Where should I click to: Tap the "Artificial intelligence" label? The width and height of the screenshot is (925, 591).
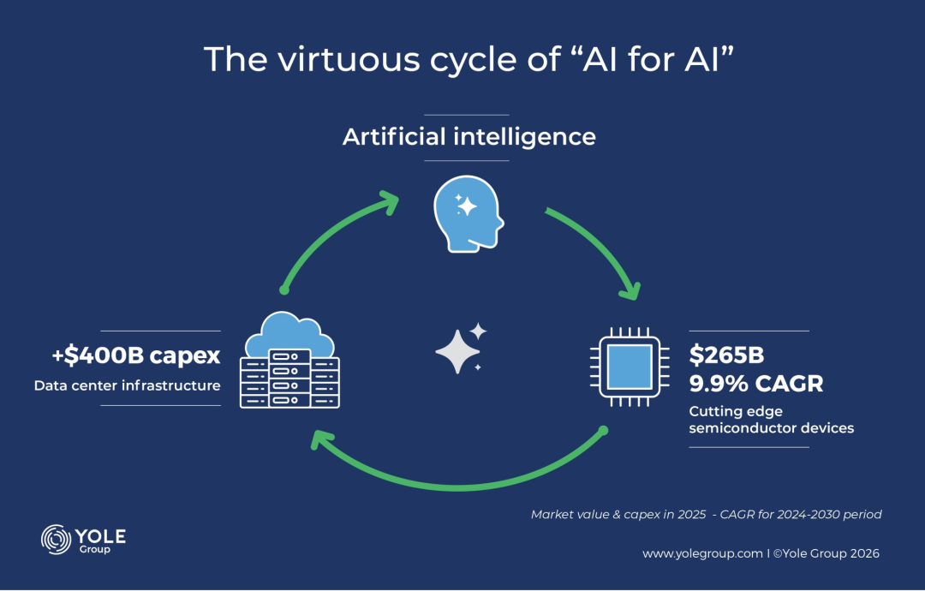[x=468, y=136]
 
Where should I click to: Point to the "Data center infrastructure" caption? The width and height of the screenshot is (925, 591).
[x=128, y=385]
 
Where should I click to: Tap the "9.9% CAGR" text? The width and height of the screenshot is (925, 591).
[x=756, y=383]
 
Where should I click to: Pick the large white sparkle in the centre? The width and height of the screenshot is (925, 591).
[x=457, y=350]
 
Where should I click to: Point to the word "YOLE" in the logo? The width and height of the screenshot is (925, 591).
[x=104, y=535]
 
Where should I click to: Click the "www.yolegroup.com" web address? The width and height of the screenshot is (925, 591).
[x=702, y=553]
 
